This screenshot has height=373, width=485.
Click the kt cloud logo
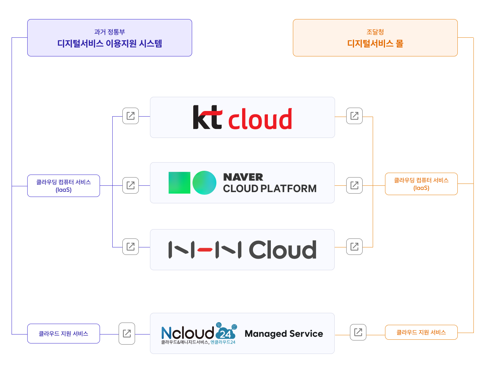242,118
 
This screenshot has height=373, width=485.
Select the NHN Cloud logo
242,250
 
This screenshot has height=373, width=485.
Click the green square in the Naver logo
179,183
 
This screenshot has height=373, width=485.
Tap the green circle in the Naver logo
204,183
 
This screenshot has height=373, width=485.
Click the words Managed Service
284,333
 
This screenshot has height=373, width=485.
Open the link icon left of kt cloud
131,116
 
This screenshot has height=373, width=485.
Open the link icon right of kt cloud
354,116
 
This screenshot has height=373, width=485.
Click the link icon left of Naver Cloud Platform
131,185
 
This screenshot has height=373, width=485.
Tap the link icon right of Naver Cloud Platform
354,185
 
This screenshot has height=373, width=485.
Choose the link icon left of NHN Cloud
131,247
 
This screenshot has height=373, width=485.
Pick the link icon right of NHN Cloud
354,247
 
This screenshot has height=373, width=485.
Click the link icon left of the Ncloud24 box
127,333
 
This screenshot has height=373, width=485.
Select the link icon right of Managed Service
358,332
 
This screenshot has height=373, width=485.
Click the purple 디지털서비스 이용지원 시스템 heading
110,43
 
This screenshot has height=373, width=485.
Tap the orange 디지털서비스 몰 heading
375,43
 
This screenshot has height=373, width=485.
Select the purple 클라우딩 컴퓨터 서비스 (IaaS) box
63,186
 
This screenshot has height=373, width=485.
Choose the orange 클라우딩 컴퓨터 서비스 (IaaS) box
421,184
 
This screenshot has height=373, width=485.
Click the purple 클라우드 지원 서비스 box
63,333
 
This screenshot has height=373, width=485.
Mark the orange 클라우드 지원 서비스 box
421,332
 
